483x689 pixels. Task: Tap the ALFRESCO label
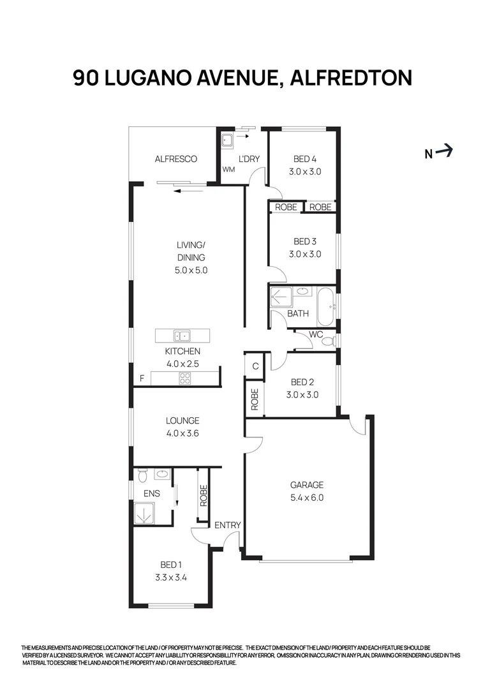point(176,159)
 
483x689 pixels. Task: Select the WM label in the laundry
point(228,169)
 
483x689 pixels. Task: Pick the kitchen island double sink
point(182,335)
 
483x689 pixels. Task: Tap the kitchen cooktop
point(185,378)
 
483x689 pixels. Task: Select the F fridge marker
point(142,378)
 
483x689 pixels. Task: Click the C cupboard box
point(255,366)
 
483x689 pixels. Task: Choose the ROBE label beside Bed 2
point(255,399)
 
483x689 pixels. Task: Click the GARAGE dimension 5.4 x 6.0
point(308,498)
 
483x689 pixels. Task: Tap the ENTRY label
point(227,525)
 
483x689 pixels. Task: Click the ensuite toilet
point(142,475)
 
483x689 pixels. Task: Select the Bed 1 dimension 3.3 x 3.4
point(170,578)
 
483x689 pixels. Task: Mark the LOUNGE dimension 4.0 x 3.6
point(182,433)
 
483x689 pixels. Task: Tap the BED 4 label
point(304,159)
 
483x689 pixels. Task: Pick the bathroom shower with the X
point(281,298)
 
